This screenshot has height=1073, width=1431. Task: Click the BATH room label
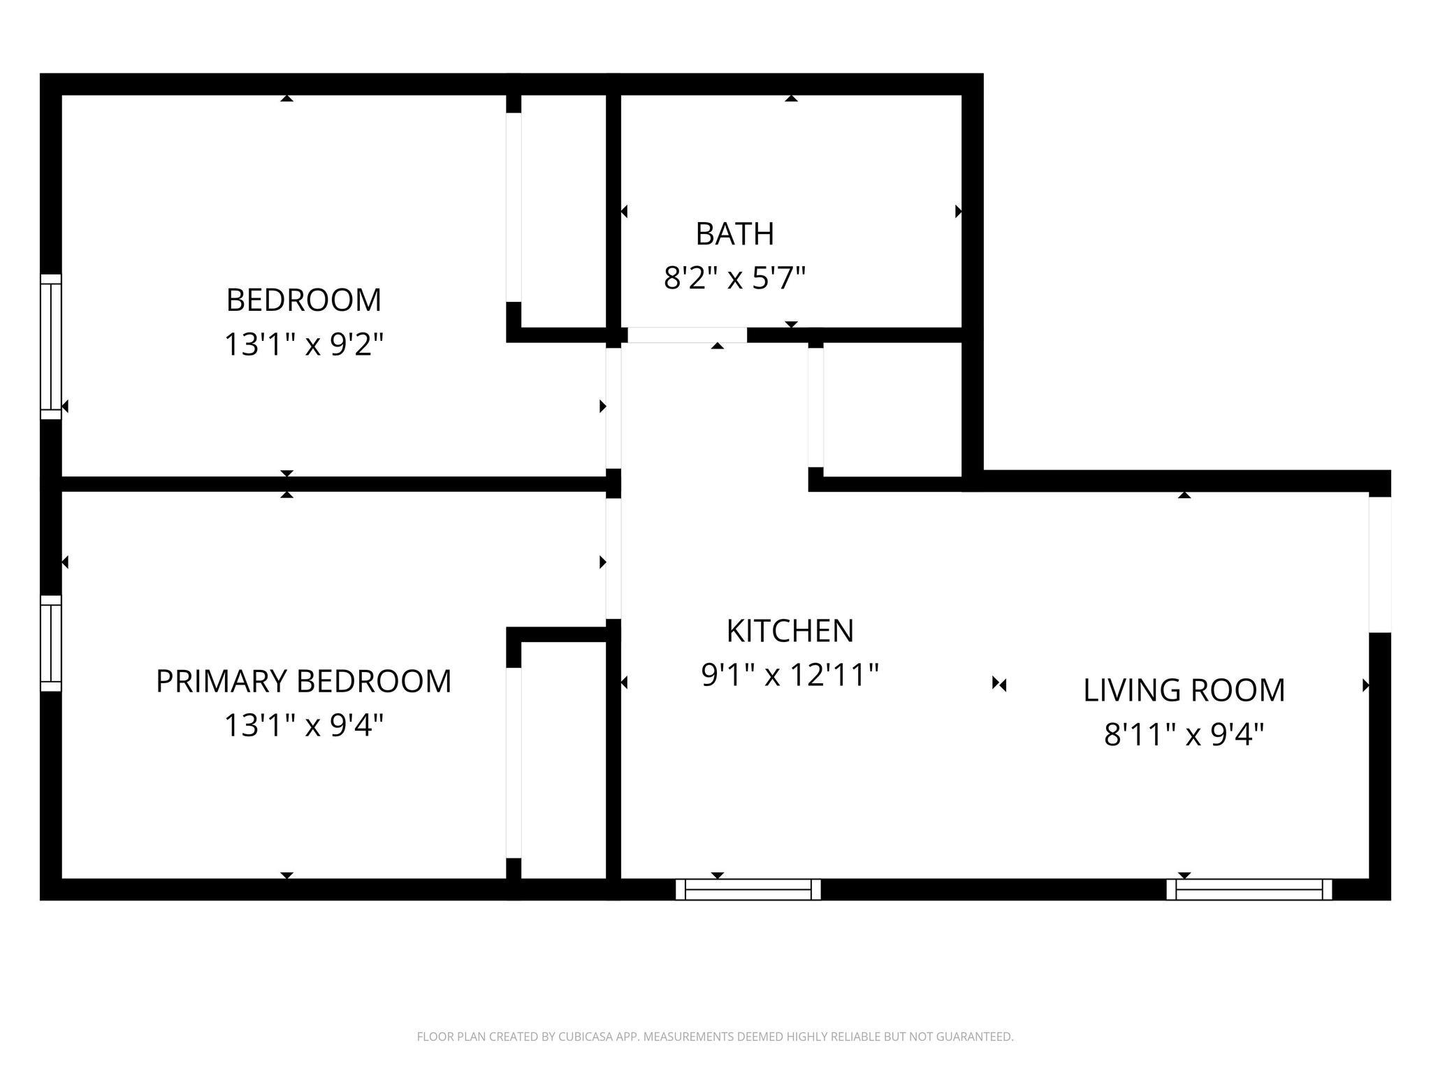click(x=734, y=234)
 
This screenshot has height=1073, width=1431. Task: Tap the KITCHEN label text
click(x=790, y=631)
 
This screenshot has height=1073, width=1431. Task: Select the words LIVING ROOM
click(x=1184, y=690)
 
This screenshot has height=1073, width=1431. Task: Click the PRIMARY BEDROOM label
click(x=303, y=681)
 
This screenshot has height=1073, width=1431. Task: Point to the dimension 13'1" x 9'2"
click(x=304, y=344)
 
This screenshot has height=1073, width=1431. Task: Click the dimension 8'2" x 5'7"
click(x=734, y=278)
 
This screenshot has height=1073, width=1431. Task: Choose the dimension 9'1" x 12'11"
click(x=790, y=675)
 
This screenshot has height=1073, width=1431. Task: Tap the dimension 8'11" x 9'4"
click(x=1184, y=734)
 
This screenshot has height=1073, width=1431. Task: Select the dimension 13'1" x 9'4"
click(x=303, y=725)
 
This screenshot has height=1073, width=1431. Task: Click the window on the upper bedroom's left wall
click(x=51, y=346)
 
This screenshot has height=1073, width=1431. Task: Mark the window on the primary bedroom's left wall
click(x=51, y=643)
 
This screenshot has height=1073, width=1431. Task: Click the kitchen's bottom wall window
click(x=748, y=889)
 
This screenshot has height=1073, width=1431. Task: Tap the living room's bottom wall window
click(x=1249, y=889)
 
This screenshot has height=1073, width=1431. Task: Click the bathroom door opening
click(x=687, y=335)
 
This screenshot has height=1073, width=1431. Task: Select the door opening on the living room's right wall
click(x=1380, y=564)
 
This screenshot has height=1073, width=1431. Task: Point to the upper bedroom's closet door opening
click(x=514, y=207)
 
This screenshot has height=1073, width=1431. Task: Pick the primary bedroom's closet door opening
click(x=514, y=763)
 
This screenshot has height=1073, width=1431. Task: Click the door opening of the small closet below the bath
click(x=816, y=407)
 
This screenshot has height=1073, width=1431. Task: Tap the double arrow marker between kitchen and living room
click(x=999, y=685)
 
